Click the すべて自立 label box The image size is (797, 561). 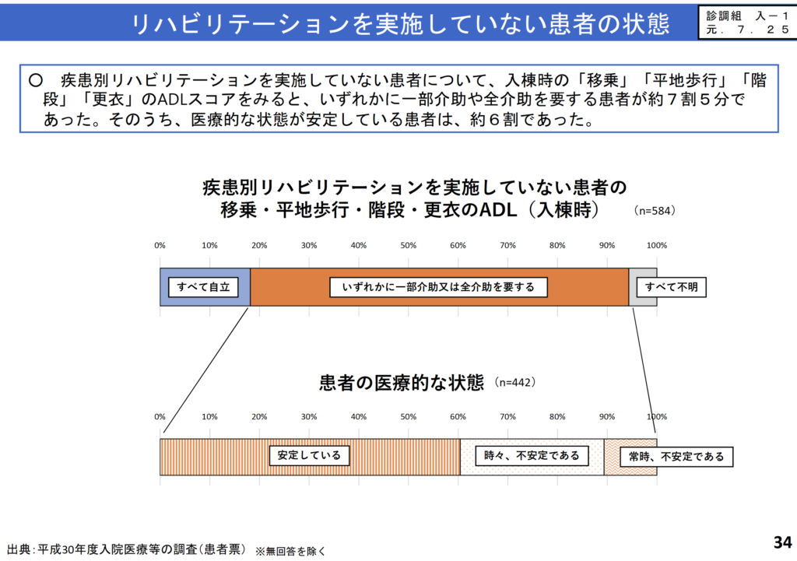(x=203, y=287)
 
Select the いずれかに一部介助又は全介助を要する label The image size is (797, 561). (x=439, y=287)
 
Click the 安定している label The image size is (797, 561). (x=310, y=455)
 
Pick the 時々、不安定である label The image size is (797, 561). (x=532, y=455)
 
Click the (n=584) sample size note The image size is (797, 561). (x=655, y=210)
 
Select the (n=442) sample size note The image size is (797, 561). (x=514, y=383)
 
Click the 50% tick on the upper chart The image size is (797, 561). (x=409, y=245)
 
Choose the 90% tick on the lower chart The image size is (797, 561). (x=607, y=416)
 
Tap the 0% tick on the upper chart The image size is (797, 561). (x=160, y=245)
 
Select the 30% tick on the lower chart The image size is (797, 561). (x=309, y=416)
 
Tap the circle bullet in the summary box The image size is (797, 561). (x=34, y=80)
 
